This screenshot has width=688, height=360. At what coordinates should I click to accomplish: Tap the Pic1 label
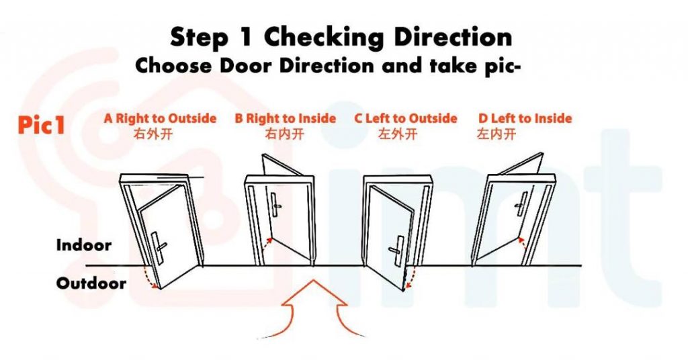[41, 126]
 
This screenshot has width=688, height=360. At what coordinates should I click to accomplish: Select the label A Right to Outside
[160, 119]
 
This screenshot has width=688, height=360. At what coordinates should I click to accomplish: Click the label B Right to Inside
[285, 119]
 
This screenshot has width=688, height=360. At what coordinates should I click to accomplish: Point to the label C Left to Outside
[406, 119]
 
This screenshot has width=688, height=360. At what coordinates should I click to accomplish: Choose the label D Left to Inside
[525, 119]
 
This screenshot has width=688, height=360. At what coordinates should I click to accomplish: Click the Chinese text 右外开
[154, 134]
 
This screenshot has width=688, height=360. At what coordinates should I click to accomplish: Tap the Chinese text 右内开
[285, 134]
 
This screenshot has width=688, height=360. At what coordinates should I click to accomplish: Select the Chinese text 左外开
[398, 134]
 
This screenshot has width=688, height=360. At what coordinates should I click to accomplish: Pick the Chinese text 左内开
[497, 134]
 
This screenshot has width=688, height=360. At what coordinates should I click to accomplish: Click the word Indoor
[83, 245]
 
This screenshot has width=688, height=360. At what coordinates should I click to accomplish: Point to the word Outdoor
[91, 283]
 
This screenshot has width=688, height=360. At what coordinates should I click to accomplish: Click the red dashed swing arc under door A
[152, 278]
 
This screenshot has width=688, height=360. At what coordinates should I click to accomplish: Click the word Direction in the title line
[453, 38]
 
